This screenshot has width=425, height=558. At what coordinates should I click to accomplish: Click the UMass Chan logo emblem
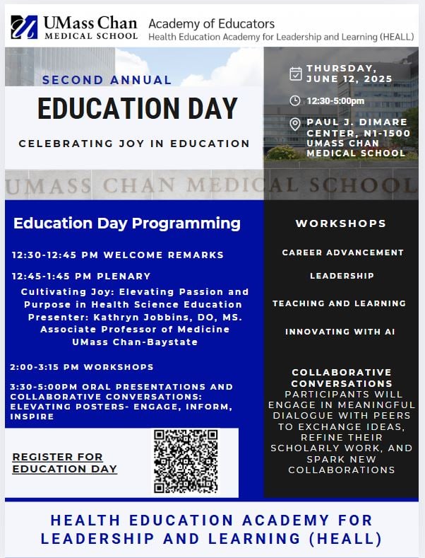pyautogui.click(x=24, y=27)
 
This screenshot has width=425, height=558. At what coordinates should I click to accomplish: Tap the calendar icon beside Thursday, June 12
pyautogui.click(x=296, y=74)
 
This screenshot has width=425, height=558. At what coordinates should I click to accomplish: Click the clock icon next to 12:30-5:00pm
pyautogui.click(x=296, y=100)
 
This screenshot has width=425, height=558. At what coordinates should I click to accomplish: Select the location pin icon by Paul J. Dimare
pyautogui.click(x=296, y=125)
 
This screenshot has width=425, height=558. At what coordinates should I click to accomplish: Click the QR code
pyautogui.click(x=186, y=460)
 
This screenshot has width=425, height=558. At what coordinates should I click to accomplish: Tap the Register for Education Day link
pyautogui.click(x=65, y=463)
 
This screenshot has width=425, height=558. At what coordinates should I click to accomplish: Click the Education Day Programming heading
pyautogui.click(x=127, y=223)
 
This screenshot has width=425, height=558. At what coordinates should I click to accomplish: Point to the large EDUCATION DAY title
pyautogui.click(x=137, y=109)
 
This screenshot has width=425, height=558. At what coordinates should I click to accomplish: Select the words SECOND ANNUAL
pyautogui.click(x=107, y=80)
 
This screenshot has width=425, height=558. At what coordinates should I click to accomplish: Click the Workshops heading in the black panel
pyautogui.click(x=341, y=223)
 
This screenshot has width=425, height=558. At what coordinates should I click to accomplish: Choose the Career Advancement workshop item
pyautogui.click(x=342, y=252)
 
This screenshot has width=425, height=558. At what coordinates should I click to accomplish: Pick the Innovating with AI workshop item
pyautogui.click(x=342, y=331)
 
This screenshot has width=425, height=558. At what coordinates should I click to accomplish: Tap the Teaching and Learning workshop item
pyautogui.click(x=339, y=303)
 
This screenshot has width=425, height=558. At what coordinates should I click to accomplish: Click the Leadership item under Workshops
pyautogui.click(x=342, y=276)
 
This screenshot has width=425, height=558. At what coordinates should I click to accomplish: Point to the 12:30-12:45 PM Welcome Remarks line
pyautogui.click(x=118, y=255)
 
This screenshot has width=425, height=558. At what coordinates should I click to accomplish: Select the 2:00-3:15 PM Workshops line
pyautogui.click(x=82, y=367)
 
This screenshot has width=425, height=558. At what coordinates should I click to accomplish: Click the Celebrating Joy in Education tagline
pyautogui.click(x=134, y=144)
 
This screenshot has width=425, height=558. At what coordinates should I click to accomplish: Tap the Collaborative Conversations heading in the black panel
pyautogui.click(x=342, y=378)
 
